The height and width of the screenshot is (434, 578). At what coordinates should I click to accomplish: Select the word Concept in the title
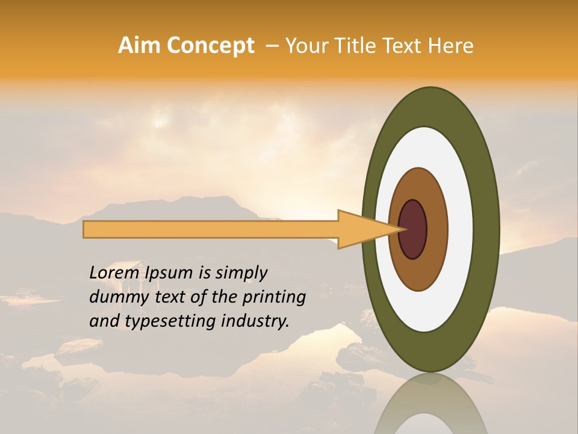point(210,46)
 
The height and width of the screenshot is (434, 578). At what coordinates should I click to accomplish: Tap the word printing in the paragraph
point(274,298)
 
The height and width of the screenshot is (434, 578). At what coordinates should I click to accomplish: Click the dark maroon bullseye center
point(413,229)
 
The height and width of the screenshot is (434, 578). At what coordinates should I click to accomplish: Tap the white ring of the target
point(461,229)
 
